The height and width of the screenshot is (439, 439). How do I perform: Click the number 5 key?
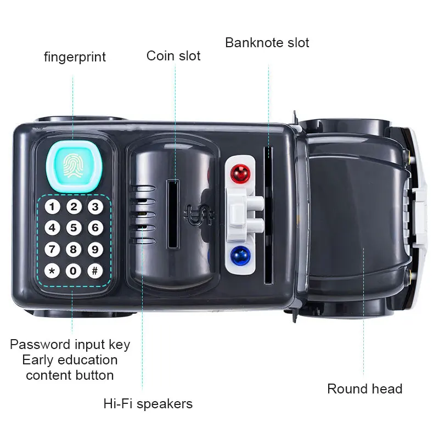pyautogui.click(x=74, y=227)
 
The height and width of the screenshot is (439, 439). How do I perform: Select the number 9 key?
pyautogui.click(x=95, y=249)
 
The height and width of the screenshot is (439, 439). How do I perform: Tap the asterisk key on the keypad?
pyautogui.click(x=52, y=271)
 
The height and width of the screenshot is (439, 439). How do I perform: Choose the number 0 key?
pyautogui.click(x=74, y=271)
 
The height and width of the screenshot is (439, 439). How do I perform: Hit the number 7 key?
pyautogui.click(x=52, y=249)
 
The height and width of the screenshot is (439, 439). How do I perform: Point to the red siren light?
pyautogui.click(x=240, y=175)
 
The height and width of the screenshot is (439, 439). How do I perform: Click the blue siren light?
pyautogui.click(x=240, y=256)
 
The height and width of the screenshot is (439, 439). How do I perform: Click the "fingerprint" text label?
pyautogui.click(x=75, y=57)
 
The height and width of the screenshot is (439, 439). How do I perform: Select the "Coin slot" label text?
pyautogui.click(x=173, y=55)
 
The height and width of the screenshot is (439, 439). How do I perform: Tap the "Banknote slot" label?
pyautogui.click(x=267, y=42)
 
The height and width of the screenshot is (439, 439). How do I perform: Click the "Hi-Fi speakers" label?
pyautogui.click(x=148, y=404)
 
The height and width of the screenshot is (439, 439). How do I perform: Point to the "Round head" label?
pyautogui.click(x=364, y=389)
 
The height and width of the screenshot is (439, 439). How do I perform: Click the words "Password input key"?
pyautogui.click(x=70, y=345)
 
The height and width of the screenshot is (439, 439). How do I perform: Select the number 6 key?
pyautogui.click(x=95, y=227)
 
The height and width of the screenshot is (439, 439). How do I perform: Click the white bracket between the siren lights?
pyautogui.click(x=241, y=214)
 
